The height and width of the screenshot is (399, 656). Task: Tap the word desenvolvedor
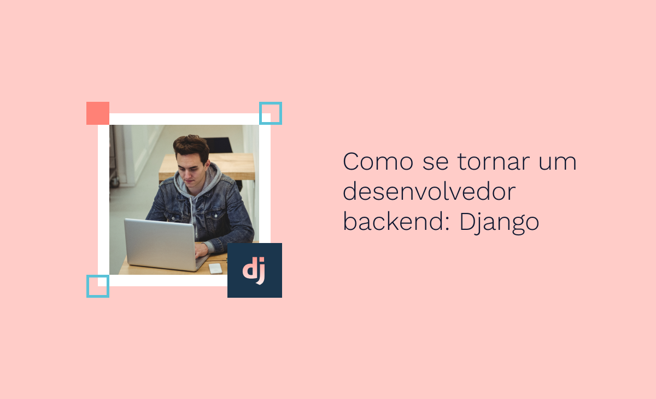point(429,192)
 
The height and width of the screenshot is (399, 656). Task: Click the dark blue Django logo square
point(255,270)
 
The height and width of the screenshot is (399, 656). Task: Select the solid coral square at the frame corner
point(98,113)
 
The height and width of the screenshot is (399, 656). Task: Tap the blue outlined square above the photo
point(271,113)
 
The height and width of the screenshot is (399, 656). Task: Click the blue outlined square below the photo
point(98,286)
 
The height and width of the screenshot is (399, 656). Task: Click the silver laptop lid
point(160,243)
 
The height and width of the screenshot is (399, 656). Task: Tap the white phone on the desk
point(215,268)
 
